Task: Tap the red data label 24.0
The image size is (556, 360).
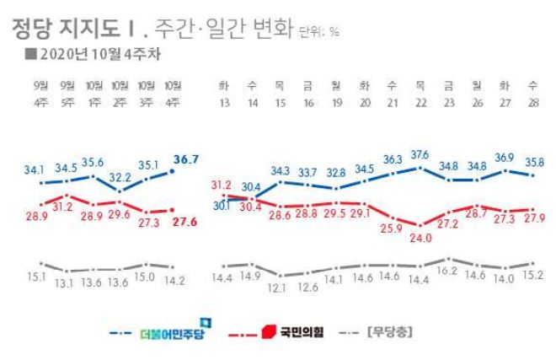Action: coord(420,238)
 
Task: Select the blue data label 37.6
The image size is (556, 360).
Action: coord(420,154)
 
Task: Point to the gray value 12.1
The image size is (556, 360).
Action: coord(279,287)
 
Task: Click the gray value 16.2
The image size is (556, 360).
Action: coord(448,272)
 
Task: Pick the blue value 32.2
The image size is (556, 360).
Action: coord(119,178)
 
